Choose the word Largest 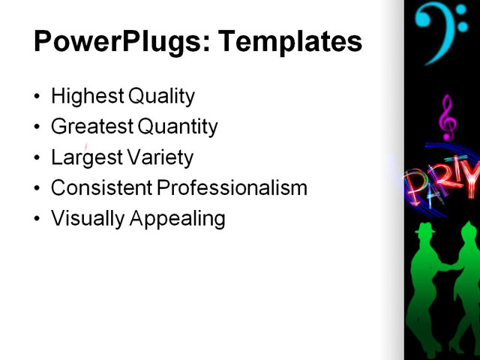coord(84,158)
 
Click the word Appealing coord(178,219)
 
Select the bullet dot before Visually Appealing coord(38,219)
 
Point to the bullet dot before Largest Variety coord(38,158)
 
